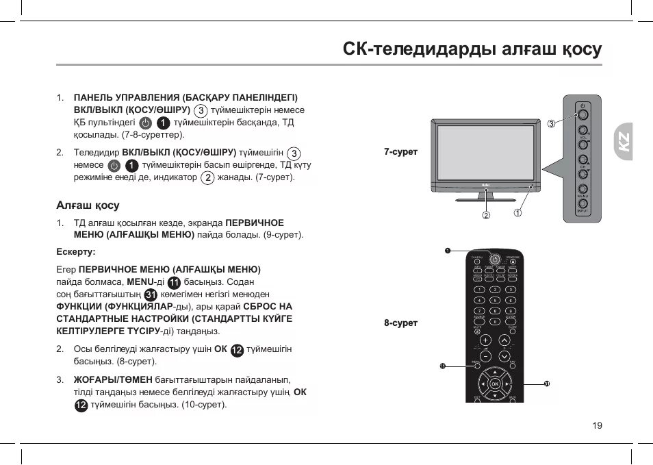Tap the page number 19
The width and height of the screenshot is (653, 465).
click(597, 425)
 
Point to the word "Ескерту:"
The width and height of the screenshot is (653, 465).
click(75, 251)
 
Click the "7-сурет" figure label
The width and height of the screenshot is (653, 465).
click(400, 151)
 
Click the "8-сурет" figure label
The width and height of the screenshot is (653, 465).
click(400, 323)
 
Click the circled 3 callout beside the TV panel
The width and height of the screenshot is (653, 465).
click(551, 123)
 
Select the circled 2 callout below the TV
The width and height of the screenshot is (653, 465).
click(486, 215)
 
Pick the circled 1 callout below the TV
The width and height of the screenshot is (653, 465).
click(518, 213)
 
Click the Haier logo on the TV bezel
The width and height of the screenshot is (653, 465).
click(485, 184)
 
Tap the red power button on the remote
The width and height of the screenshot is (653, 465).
click(494, 258)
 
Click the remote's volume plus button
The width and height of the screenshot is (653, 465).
click(485, 340)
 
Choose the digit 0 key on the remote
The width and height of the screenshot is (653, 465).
click(494, 321)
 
